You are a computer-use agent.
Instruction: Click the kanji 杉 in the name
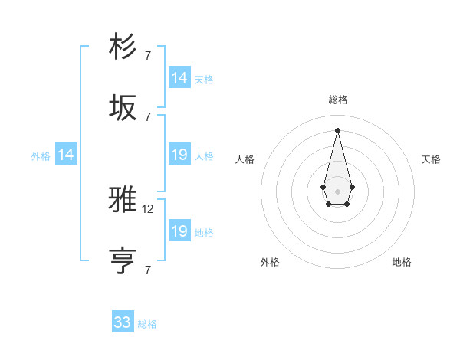(x=123, y=47)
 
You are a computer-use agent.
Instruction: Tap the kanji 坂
(x=123, y=108)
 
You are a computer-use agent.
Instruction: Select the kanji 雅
(x=123, y=201)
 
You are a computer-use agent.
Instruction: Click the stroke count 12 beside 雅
(x=149, y=208)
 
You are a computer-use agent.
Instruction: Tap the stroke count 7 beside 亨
(x=147, y=270)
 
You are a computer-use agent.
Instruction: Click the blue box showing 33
(x=123, y=322)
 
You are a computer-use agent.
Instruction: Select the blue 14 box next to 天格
(x=179, y=78)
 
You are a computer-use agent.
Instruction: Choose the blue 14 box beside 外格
(x=66, y=155)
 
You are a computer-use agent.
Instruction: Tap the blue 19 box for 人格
(x=179, y=155)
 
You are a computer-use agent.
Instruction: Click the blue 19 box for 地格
(x=179, y=231)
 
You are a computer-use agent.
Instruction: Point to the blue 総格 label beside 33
(x=147, y=324)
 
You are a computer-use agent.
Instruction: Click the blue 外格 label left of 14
(x=41, y=156)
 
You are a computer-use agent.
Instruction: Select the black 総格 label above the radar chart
(x=337, y=100)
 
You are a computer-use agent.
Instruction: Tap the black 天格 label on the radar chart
(x=431, y=159)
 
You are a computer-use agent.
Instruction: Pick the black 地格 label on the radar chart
(x=402, y=262)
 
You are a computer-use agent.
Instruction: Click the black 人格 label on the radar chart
(x=245, y=159)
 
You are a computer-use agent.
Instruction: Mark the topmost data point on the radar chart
(x=337, y=129)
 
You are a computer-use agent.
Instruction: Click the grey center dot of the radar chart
(x=337, y=190)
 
